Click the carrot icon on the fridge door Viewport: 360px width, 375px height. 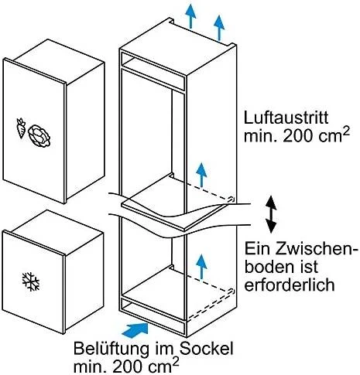(21, 128)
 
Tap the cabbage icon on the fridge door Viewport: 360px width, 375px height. (39, 136)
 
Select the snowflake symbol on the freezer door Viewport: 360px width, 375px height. (31, 281)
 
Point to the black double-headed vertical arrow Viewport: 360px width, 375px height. (271, 214)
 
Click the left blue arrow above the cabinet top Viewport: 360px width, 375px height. (190, 16)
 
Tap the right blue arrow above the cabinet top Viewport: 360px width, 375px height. (219, 28)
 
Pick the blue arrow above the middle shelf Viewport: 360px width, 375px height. (201, 176)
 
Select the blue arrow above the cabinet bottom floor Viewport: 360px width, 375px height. (201, 266)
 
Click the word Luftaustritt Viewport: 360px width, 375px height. (286, 118)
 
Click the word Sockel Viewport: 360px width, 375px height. (206, 349)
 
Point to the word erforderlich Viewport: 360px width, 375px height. (290, 285)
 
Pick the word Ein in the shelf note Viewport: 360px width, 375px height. (255, 249)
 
